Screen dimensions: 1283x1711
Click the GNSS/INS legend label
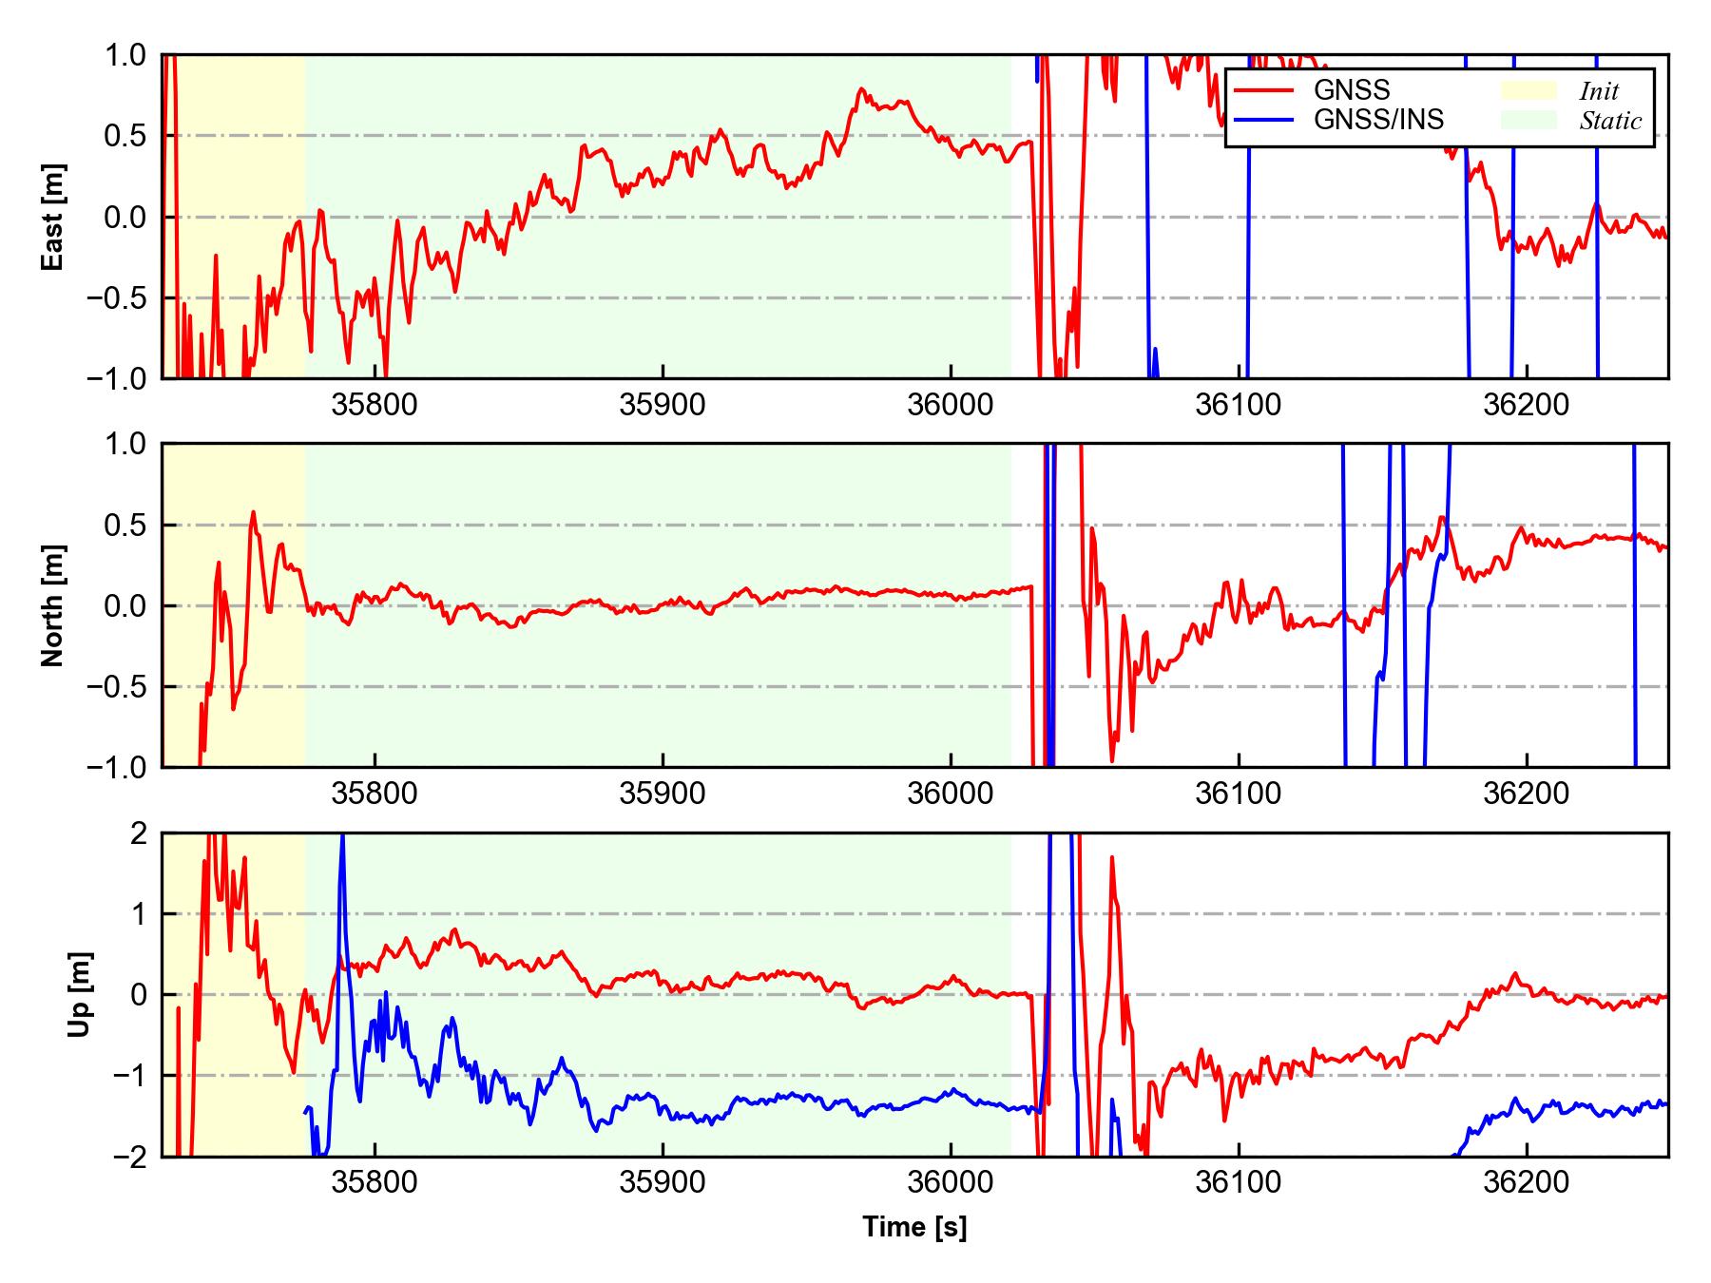(x=1378, y=120)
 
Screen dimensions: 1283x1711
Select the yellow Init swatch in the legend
(x=1528, y=90)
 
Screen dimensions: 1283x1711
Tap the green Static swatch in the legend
(x=1528, y=120)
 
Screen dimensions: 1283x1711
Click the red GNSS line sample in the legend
(x=1263, y=90)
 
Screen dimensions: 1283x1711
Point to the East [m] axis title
(x=53, y=217)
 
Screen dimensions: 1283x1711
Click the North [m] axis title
(x=53, y=605)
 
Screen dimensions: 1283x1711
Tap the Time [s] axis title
(x=914, y=1227)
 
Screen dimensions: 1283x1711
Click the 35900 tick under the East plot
(x=663, y=405)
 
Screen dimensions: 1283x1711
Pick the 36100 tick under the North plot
(x=1238, y=794)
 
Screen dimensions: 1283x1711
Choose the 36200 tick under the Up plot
(x=1527, y=1182)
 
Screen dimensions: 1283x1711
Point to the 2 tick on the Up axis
(x=138, y=833)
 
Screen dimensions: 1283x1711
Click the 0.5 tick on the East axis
(x=125, y=136)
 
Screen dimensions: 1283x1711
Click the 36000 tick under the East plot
(x=951, y=405)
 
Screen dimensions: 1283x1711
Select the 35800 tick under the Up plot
(x=375, y=1182)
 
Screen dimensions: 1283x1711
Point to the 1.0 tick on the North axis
(x=125, y=444)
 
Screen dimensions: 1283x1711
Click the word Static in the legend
(x=1610, y=121)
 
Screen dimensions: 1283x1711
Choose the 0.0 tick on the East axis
(x=125, y=217)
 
